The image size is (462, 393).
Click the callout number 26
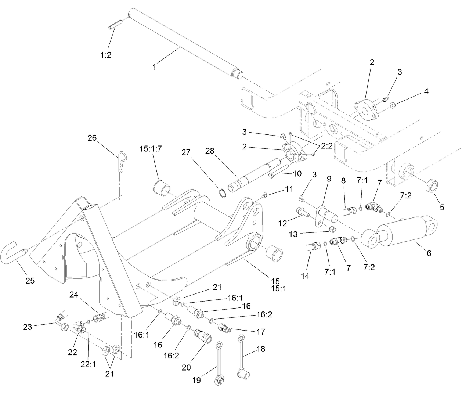(92, 138)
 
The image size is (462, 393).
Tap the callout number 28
(210, 151)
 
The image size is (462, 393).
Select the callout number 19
(197, 380)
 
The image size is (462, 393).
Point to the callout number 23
(28, 327)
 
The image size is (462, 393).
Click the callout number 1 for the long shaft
(154, 67)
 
